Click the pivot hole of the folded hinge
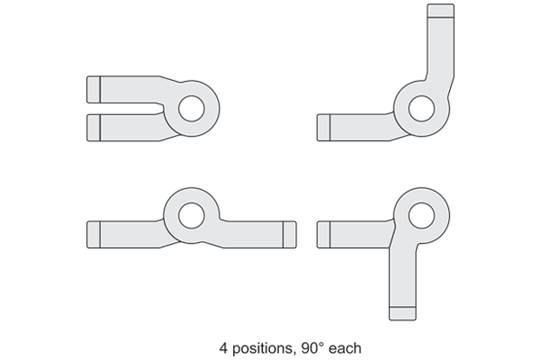[192, 109]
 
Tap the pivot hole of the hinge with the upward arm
[421, 109]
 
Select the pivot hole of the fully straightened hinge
[192, 215]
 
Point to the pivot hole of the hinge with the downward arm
[421, 215]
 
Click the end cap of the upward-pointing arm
[440, 11]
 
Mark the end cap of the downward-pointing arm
[402, 313]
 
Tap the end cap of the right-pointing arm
[290, 235]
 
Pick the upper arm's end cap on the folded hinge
[94, 90]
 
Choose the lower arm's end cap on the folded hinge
[94, 128]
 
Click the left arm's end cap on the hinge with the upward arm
[323, 128]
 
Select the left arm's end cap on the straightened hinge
[94, 235]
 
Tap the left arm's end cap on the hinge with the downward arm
[323, 235]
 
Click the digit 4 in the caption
[223, 348]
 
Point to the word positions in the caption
[264, 348]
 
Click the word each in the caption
[345, 348]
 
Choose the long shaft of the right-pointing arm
[254, 235]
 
